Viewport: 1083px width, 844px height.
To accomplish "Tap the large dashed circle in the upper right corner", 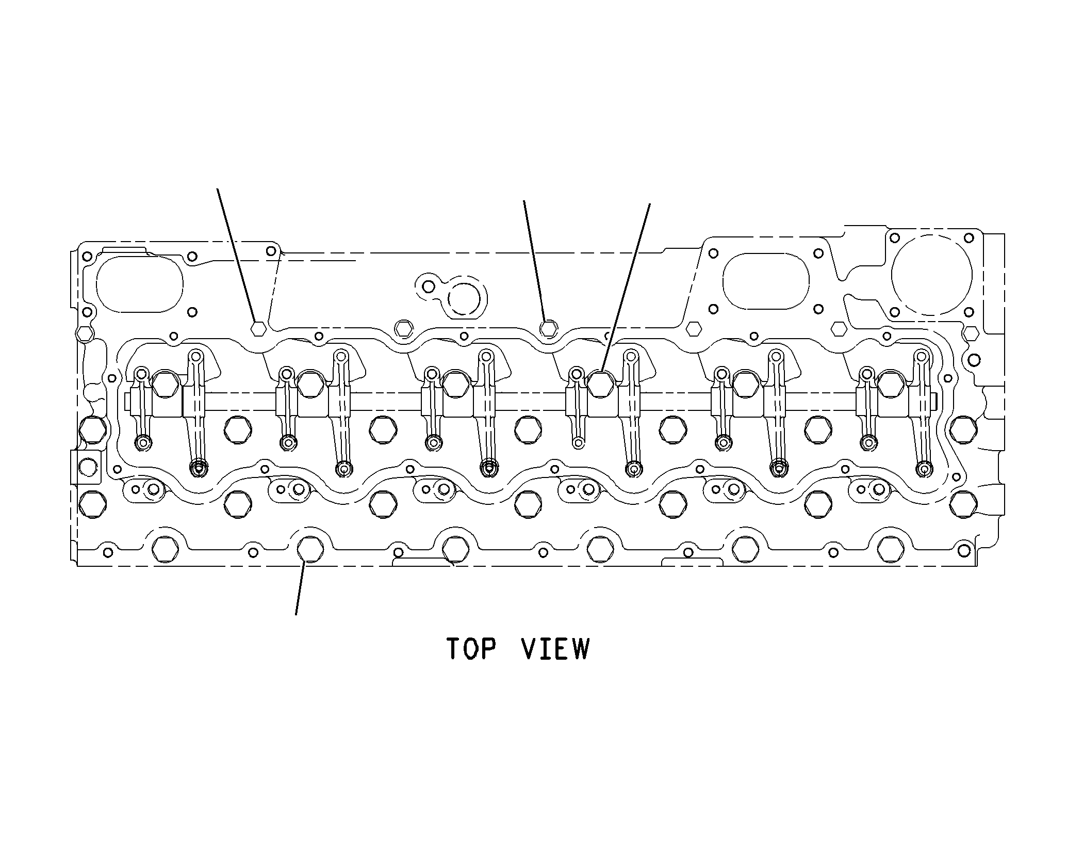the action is click(931, 275).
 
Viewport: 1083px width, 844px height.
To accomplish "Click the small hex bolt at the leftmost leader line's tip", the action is click(258, 328).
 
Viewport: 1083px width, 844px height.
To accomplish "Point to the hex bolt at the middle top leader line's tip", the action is click(548, 328).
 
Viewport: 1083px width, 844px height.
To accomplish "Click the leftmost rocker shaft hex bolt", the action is click(165, 384).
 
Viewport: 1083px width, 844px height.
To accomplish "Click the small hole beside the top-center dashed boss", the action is click(428, 286).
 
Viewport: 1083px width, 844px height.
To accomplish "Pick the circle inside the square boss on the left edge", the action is click(87, 467).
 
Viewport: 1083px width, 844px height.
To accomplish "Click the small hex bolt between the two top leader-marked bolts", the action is click(403, 328).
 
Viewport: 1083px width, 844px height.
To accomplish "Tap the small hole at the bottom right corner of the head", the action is click(964, 551).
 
